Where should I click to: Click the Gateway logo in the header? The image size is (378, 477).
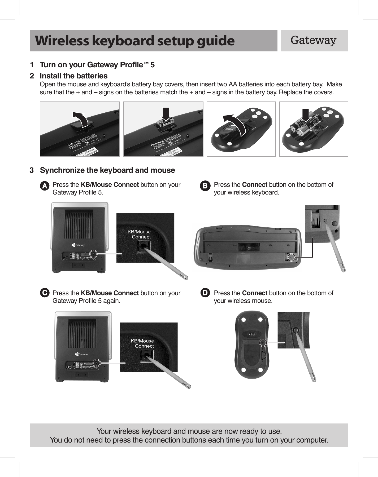[x=314, y=41]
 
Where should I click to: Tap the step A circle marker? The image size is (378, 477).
[x=45, y=186]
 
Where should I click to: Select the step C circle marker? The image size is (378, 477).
[x=45, y=293]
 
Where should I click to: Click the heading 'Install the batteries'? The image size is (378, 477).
[x=73, y=76]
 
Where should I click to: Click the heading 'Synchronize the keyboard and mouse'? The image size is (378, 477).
[x=107, y=170]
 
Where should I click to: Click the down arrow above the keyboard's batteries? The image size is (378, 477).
[x=166, y=114]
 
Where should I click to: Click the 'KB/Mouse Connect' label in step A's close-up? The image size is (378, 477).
[x=139, y=234]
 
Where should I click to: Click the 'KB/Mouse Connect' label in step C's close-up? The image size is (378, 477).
[x=142, y=343]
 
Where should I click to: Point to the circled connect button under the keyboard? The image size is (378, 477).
[x=292, y=257]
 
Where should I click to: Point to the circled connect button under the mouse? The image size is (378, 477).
[x=263, y=343]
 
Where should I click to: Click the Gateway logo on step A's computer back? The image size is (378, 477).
[x=78, y=245]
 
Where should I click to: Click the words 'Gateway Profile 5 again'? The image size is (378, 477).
[x=86, y=301]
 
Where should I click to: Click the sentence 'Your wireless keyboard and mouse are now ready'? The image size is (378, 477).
[x=189, y=431]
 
